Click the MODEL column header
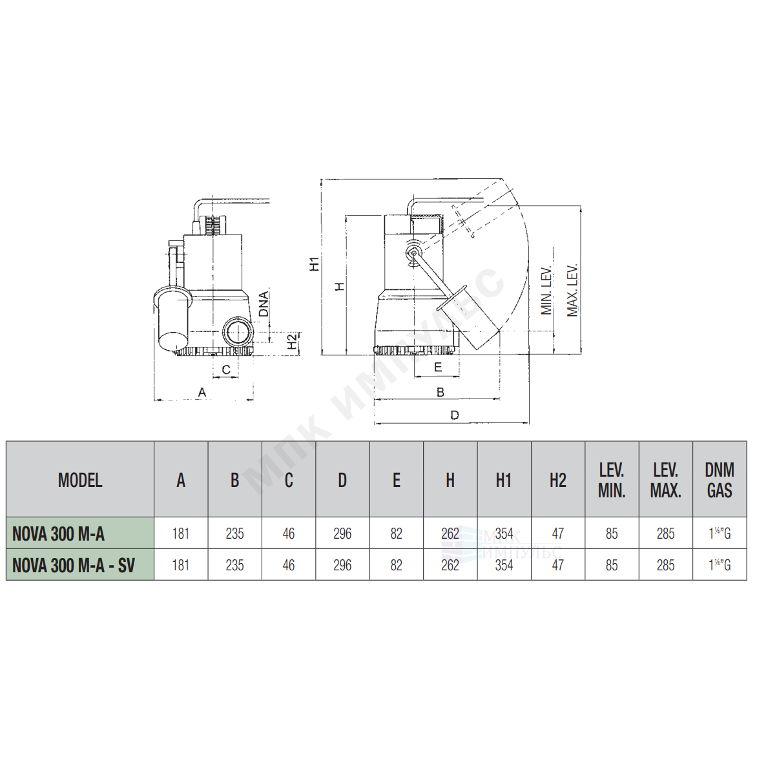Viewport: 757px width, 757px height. pos(80,481)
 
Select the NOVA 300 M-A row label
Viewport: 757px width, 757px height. pos(58,534)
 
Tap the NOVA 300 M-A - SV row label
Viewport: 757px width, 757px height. pos(74,565)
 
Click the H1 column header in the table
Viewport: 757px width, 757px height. pos(504,481)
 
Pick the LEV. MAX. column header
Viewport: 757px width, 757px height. pos(665,481)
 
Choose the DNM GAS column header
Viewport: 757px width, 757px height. pos(720,481)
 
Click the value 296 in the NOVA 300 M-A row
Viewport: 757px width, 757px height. pos(342,534)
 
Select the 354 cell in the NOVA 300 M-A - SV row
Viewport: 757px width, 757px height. pos(504,565)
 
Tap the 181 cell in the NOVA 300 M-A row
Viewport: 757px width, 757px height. pos(181,534)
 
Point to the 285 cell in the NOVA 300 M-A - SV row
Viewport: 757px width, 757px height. pos(666,565)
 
